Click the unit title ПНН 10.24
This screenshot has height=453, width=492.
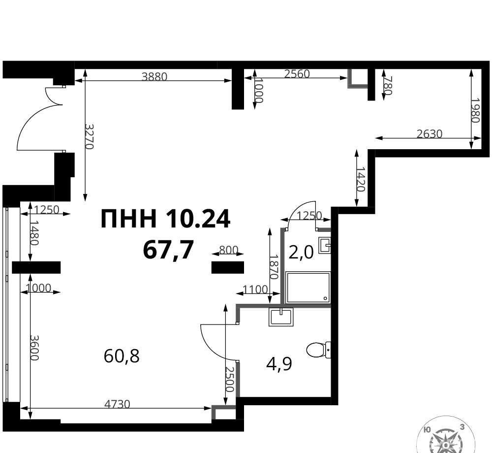pyautogui.click(x=166, y=219)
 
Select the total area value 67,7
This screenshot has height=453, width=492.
pyautogui.click(x=168, y=250)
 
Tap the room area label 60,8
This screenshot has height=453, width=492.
pyautogui.click(x=122, y=356)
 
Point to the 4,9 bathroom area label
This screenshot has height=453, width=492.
pyautogui.click(x=279, y=364)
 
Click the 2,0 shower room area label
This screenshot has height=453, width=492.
pyautogui.click(x=301, y=252)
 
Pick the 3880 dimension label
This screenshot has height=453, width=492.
pyautogui.click(x=154, y=77)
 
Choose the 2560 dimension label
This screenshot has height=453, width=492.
pyautogui.click(x=297, y=74)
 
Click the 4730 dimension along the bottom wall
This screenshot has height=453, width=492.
pyautogui.click(x=117, y=404)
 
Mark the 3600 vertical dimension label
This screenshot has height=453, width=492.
pyautogui.click(x=34, y=348)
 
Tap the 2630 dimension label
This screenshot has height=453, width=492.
pyautogui.click(x=430, y=134)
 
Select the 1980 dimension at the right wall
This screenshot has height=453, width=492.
pyautogui.click(x=475, y=110)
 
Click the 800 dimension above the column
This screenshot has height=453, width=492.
pyautogui.click(x=229, y=250)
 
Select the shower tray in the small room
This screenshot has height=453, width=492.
pyautogui.click(x=308, y=288)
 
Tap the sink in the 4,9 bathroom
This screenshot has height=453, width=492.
pyautogui.click(x=281, y=317)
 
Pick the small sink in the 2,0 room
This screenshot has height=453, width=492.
pyautogui.click(x=324, y=245)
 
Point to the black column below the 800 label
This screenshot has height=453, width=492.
pyautogui.click(x=227, y=267)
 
